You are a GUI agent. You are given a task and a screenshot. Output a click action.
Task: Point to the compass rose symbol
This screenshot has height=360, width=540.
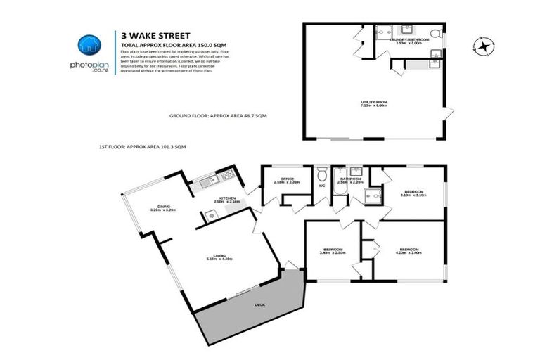482,46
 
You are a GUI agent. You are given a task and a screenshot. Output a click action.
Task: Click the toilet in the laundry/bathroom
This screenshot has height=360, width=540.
434,34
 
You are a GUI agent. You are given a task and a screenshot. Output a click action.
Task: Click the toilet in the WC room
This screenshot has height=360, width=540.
322,174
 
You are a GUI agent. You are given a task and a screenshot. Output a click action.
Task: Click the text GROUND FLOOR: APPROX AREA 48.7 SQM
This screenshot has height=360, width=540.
218,115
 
